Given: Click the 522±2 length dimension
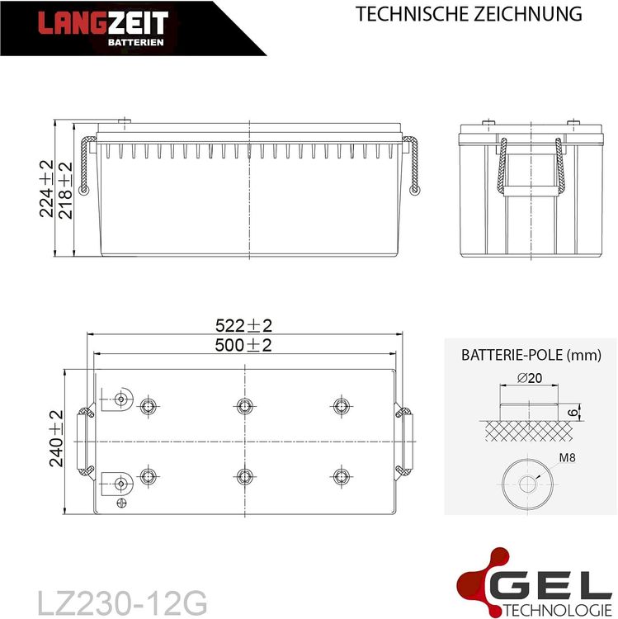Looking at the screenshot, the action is [x=243, y=326].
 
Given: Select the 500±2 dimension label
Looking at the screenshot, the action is [x=243, y=346].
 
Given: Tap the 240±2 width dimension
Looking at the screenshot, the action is [x=56, y=438].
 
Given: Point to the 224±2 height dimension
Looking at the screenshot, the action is [x=46, y=189].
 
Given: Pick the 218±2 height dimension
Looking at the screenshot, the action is [x=65, y=191].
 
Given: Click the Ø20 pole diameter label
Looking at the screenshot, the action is [x=530, y=378].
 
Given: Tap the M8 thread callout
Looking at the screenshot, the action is [x=567, y=458].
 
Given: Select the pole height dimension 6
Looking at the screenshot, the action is [x=574, y=413].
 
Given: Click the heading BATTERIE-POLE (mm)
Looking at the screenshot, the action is [x=531, y=355].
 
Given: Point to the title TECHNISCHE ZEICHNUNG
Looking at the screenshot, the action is [x=469, y=14].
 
